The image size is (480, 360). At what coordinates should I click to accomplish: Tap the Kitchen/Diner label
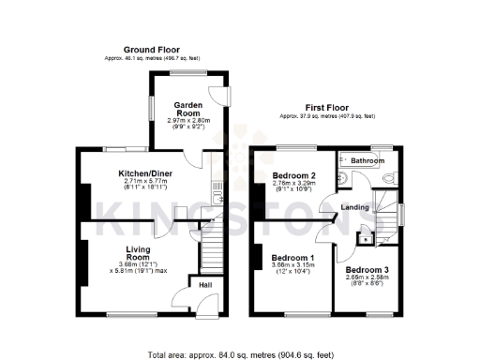pos(145,172)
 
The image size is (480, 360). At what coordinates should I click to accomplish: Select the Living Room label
pos(139,253)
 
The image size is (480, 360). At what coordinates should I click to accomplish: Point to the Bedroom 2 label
pos(292,175)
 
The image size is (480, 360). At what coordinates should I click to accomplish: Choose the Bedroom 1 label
pos(292,257)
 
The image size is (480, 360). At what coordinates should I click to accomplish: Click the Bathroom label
pos(368,161)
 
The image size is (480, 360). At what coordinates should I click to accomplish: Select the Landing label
pos(354,207)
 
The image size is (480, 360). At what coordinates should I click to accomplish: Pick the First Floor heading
pos(326,108)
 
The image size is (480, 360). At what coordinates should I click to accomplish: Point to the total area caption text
pos(240,355)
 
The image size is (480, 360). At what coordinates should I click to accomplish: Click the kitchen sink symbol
pos(217,198)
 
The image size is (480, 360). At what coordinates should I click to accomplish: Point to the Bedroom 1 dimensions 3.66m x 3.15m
pos(292,269)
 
